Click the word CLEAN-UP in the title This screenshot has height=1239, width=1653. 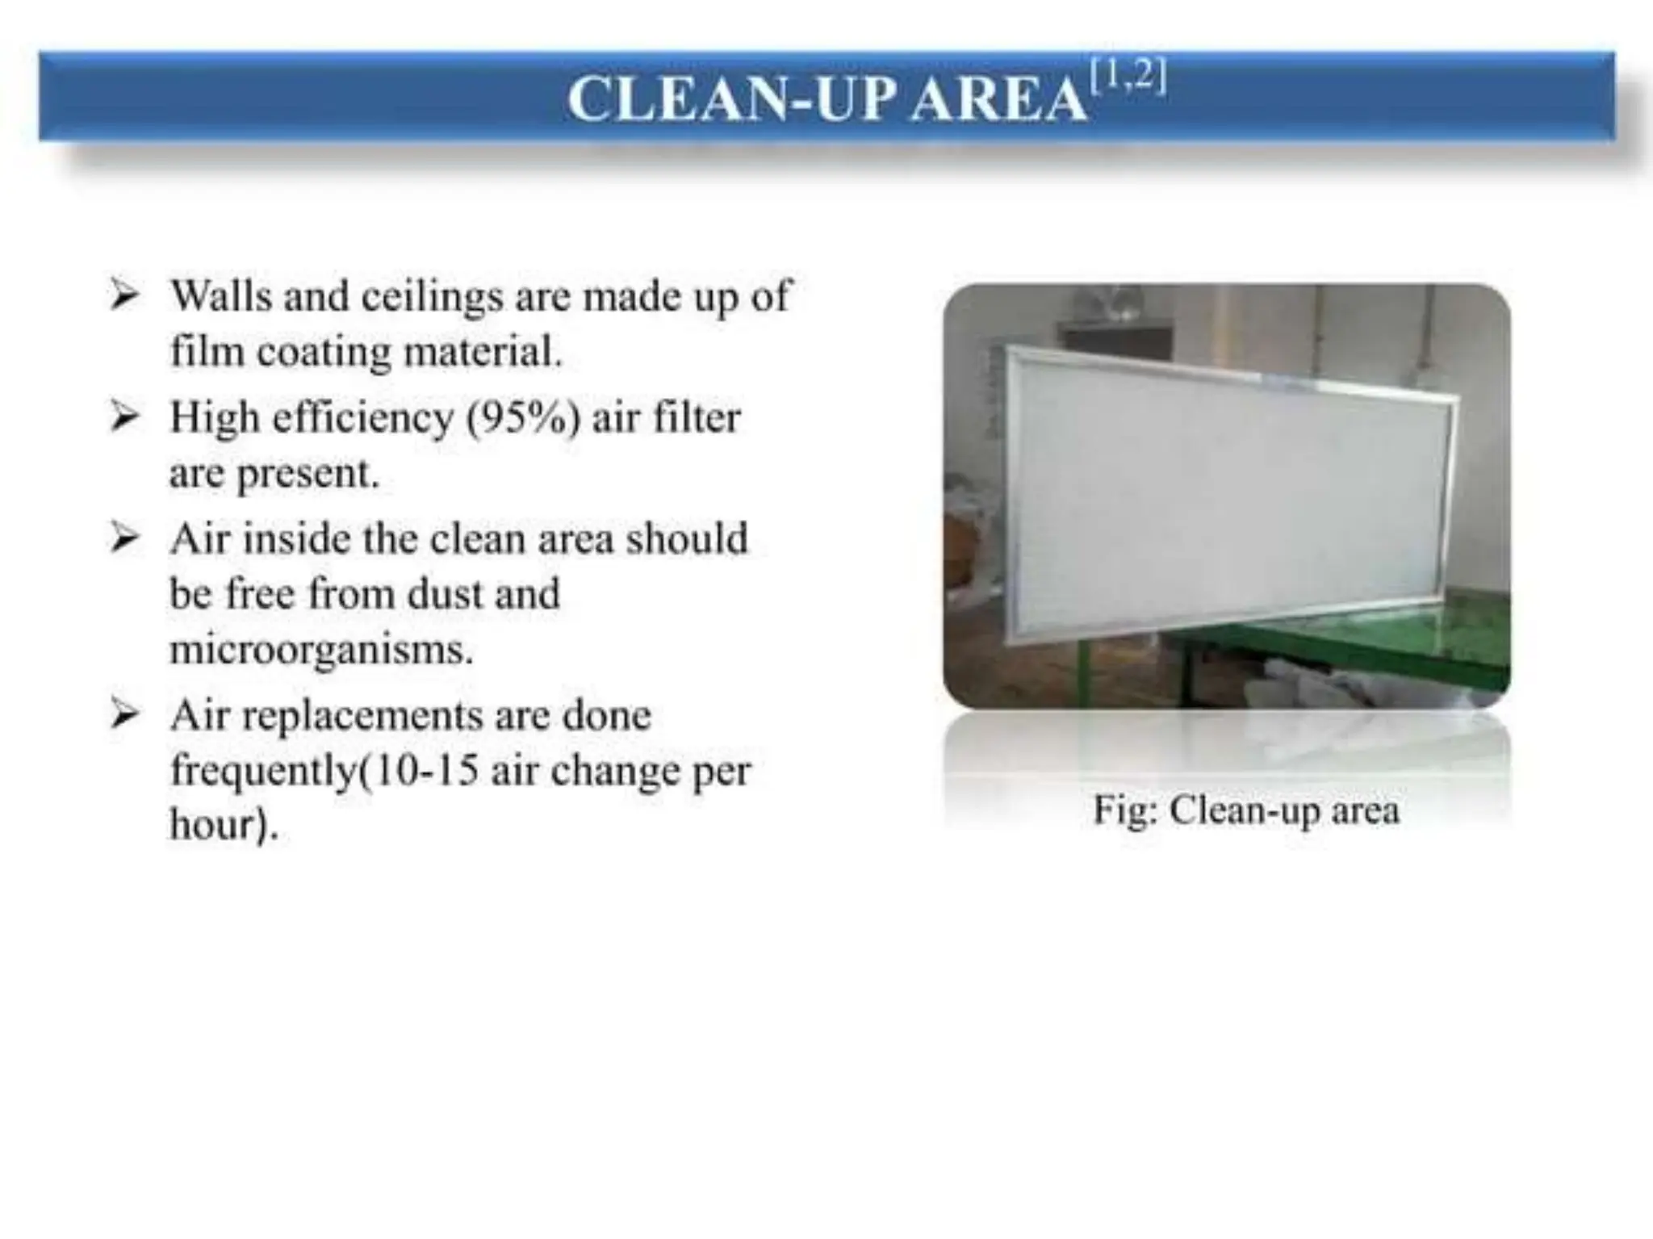click(x=731, y=100)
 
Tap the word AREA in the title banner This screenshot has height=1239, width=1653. click(x=998, y=100)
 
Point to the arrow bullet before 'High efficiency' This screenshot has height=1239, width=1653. click(x=124, y=416)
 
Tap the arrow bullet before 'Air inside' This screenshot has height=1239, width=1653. click(x=124, y=538)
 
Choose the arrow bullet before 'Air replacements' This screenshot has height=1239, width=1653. click(x=124, y=714)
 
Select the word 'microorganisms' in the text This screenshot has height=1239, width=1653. click(x=320, y=650)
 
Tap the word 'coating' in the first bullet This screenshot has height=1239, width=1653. click(x=324, y=353)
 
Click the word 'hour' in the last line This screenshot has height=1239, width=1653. click(x=213, y=825)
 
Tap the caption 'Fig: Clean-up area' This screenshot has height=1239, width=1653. click(x=1245, y=810)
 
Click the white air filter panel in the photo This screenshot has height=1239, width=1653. click(x=1227, y=492)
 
